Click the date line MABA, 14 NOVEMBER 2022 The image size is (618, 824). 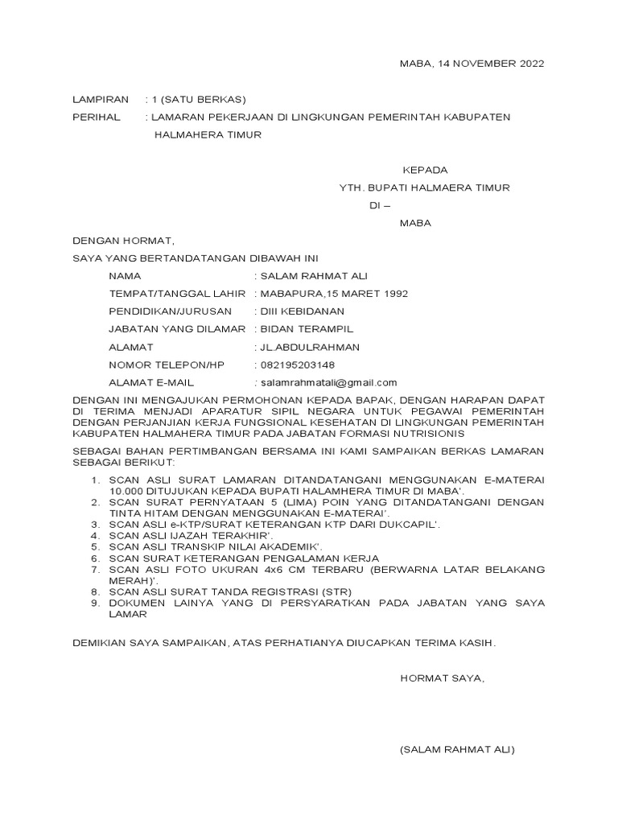[x=472, y=64]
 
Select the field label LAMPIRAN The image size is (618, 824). [x=100, y=100]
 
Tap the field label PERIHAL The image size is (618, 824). [x=96, y=117]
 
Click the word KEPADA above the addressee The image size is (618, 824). [x=425, y=171]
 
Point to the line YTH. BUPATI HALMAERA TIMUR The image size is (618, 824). [x=424, y=188]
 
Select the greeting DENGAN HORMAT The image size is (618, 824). [x=122, y=241]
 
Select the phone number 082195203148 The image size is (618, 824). [x=295, y=365]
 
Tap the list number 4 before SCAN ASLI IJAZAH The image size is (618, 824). [x=94, y=534]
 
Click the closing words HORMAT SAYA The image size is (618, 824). [x=443, y=678]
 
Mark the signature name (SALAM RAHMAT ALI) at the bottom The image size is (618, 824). [x=457, y=750]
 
